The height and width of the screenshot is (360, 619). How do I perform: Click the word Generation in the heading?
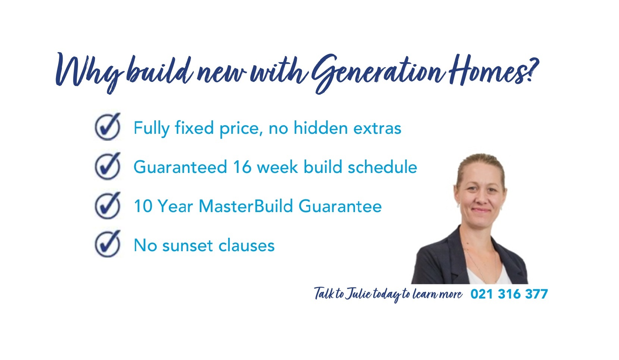tap(378, 73)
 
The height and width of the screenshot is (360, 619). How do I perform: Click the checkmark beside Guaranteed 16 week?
tap(108, 166)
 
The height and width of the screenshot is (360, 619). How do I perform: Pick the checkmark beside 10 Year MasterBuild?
tap(108, 205)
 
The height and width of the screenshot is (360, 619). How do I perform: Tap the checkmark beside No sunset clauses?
tap(108, 244)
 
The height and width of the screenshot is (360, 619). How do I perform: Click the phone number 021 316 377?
tap(509, 294)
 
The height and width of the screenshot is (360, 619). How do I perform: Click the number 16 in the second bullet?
tap(242, 167)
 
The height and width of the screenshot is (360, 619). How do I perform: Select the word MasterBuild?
tap(246, 206)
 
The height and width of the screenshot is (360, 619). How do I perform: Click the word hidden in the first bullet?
tap(320, 128)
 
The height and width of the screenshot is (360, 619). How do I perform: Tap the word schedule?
tap(382, 167)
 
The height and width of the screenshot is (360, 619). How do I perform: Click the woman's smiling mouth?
tap(481, 210)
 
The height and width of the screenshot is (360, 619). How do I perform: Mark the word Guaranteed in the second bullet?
tap(180, 167)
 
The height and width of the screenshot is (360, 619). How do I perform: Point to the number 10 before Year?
tap(143, 206)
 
